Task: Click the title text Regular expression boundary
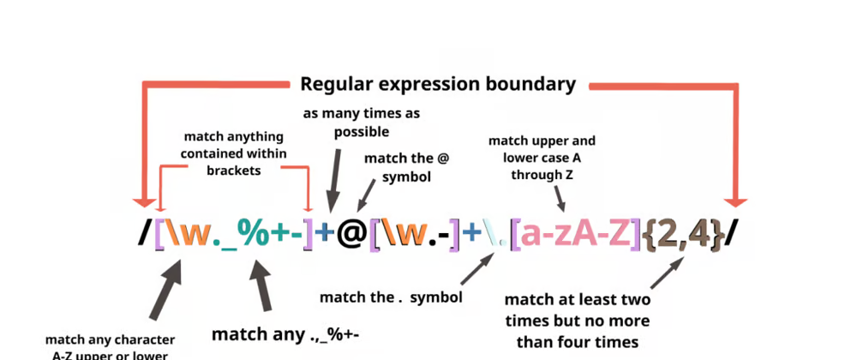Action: [x=437, y=84]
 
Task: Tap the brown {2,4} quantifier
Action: [x=684, y=236]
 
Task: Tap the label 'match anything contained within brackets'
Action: [x=234, y=153]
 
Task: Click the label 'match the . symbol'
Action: [x=391, y=297]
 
